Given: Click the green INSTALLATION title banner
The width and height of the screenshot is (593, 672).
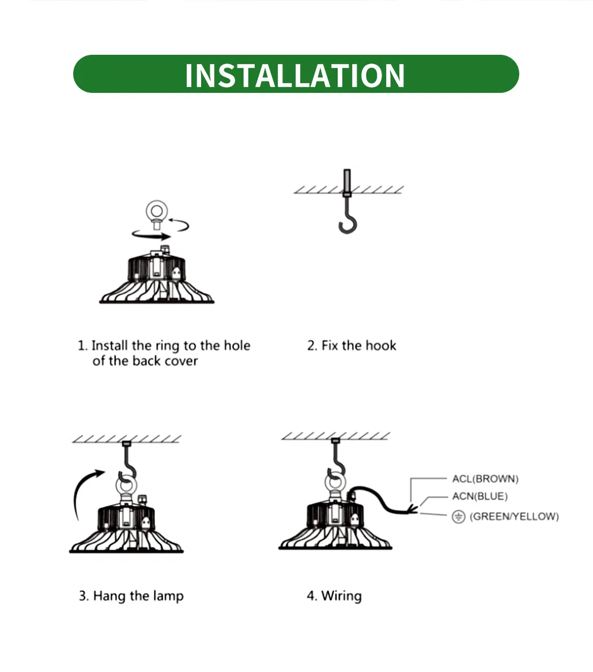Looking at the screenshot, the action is click(296, 74).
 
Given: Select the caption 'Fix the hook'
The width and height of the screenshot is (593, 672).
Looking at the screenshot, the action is click(359, 346).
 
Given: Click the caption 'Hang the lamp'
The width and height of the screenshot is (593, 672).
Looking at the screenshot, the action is click(138, 596).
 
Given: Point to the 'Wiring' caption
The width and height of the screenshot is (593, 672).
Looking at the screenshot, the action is click(341, 596).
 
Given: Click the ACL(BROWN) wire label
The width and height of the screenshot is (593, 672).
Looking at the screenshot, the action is click(485, 479).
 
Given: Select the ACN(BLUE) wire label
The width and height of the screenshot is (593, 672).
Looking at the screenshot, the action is click(480, 496).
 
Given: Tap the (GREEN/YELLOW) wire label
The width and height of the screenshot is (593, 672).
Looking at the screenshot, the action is click(514, 516).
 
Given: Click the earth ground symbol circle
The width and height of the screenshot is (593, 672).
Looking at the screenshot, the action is click(458, 517).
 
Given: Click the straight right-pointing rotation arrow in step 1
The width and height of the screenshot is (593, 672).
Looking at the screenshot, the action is click(152, 235).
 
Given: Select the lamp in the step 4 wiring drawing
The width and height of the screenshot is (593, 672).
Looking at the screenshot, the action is click(335, 521).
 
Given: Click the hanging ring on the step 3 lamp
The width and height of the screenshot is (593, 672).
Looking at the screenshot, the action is click(127, 486).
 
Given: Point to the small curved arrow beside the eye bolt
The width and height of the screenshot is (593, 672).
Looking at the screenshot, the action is click(180, 224).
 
